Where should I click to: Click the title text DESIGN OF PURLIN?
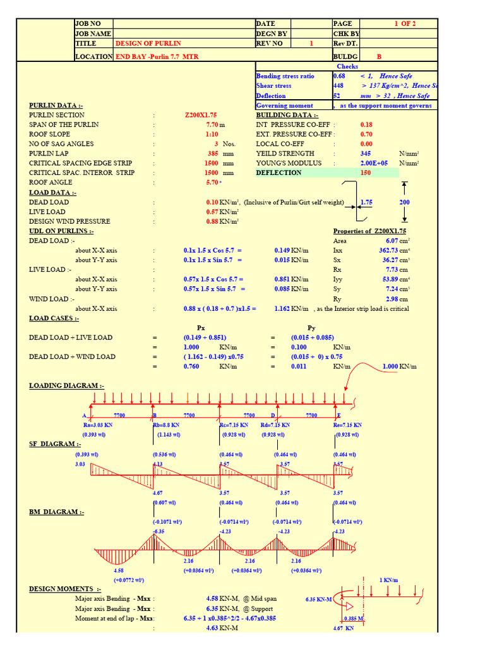click(148, 44)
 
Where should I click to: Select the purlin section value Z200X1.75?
click(201, 115)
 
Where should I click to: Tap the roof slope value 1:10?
click(212, 135)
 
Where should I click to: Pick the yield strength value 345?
click(365, 154)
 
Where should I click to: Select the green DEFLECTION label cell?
click(278, 172)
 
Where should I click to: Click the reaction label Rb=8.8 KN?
click(166, 425)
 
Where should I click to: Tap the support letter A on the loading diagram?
click(84, 416)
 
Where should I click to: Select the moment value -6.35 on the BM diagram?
click(158, 532)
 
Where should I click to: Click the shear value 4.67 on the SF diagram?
click(159, 492)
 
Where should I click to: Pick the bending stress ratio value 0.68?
click(339, 76)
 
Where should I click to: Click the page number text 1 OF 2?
click(405, 23)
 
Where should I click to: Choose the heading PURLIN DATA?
click(53, 106)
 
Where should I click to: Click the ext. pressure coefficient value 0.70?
click(366, 135)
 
